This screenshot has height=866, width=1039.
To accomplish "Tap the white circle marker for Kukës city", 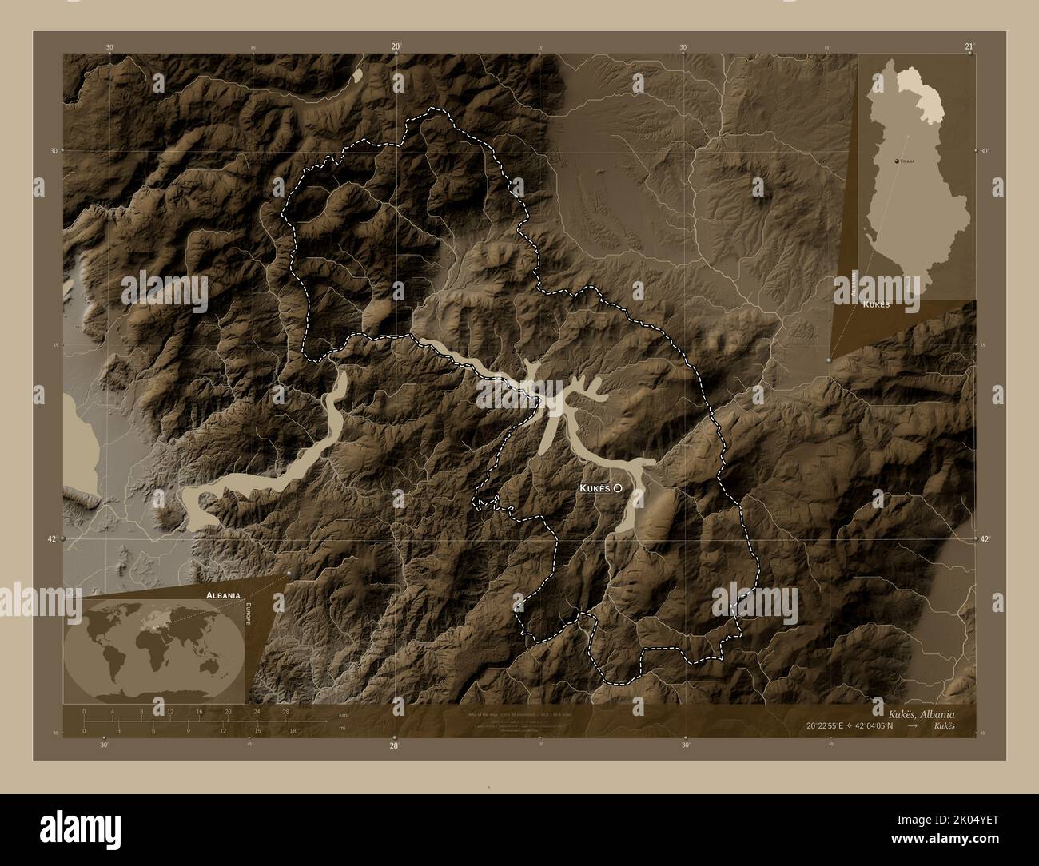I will tap(618, 487).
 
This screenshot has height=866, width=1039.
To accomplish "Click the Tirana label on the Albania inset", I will tap(907, 161).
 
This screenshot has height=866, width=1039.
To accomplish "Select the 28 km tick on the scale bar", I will tap(285, 711).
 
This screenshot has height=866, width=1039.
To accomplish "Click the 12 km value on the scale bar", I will tap(170, 711).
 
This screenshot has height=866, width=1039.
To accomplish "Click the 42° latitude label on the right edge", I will tap(985, 540).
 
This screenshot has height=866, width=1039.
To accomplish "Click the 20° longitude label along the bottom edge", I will tap(393, 746).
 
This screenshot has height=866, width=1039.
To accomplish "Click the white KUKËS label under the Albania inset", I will tap(876, 304).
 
